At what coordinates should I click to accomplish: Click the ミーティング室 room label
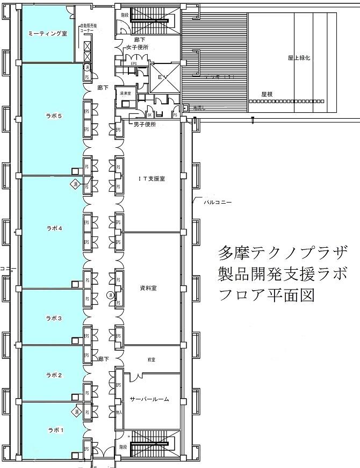click(47, 33)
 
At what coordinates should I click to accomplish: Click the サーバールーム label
click(149, 399)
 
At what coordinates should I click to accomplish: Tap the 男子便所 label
click(144, 124)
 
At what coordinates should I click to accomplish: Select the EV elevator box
click(159, 77)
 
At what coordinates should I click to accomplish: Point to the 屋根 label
click(267, 93)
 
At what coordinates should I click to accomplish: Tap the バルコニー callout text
click(217, 203)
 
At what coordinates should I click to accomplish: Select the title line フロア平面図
click(265, 295)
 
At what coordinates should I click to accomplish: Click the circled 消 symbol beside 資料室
click(110, 295)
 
